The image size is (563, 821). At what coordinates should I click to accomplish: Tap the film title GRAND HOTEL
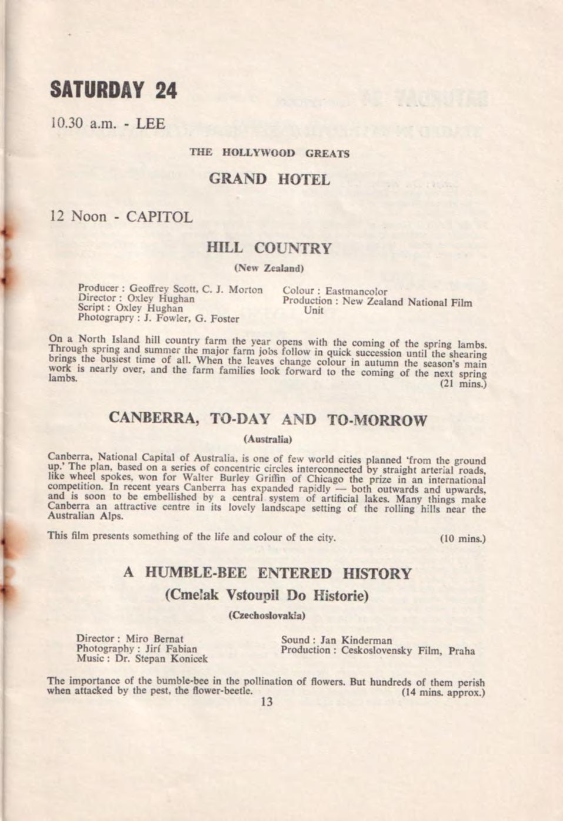pos(269,179)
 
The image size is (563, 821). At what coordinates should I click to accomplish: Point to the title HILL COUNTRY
pos(269,248)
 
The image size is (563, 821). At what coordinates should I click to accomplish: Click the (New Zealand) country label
pos(268,268)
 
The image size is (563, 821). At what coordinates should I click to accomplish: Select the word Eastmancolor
pos(356,291)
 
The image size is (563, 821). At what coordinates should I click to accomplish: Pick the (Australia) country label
pos(268,439)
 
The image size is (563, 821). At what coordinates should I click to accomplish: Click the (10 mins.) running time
pos(463,538)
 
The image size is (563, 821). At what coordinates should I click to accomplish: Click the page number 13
pos(266,701)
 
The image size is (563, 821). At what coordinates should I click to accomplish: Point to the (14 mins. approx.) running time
pos(442,693)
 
